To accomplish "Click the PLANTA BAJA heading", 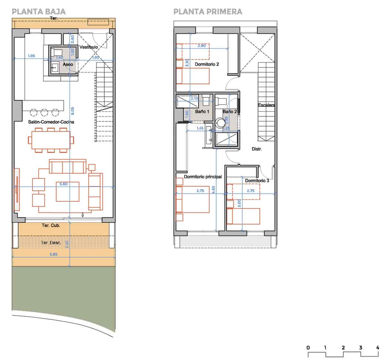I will [39, 12].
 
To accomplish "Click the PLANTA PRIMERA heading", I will [208, 12].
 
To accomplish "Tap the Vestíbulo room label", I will [89, 47].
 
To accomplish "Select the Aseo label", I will [68, 64].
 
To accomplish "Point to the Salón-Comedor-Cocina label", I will [51, 122].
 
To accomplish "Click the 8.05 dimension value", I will [72, 111].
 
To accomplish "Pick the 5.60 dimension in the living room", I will [64, 184].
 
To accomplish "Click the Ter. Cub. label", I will [51, 225].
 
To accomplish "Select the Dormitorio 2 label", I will [207, 64].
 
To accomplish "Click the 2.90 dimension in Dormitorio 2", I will [202, 46].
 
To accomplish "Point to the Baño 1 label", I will [202, 111].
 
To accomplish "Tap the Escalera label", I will [267, 105].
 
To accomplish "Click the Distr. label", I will [257, 149].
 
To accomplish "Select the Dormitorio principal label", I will [203, 176].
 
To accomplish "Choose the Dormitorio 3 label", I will [257, 181].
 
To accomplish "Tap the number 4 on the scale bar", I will [378, 348].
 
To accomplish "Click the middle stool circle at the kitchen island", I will [44, 112].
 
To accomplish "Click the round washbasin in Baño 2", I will [220, 123].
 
